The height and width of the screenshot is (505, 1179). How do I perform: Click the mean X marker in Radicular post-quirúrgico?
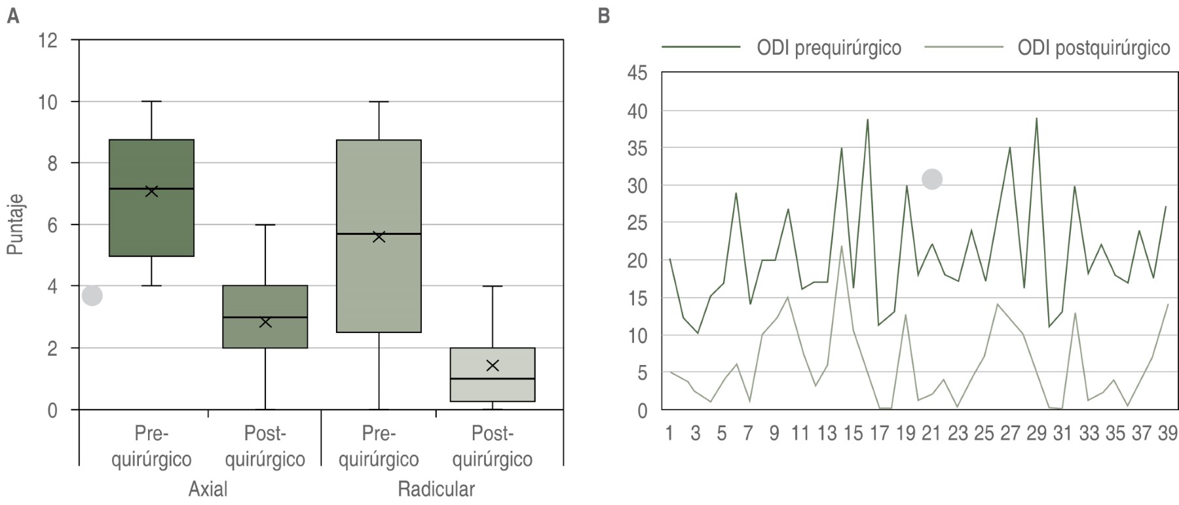point(493,365)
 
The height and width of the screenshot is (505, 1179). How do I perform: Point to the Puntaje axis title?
point(16,224)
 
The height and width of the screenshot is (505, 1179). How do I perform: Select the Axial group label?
point(208,489)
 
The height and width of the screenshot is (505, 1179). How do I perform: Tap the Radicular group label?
point(436,489)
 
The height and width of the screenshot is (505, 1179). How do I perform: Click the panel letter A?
point(12,16)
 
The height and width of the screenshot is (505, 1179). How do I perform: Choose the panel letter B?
point(603,16)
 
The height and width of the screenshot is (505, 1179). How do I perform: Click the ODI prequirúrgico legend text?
point(829,48)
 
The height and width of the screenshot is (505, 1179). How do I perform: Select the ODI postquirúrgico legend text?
point(1093,48)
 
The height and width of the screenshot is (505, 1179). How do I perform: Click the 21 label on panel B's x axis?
point(931,433)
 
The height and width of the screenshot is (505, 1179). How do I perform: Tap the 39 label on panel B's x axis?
point(1167,433)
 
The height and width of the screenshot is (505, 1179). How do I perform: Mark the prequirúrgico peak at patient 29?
point(1037,118)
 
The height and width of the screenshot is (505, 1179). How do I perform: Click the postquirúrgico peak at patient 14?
point(841,246)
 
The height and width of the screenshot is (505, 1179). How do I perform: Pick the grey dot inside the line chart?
point(932,179)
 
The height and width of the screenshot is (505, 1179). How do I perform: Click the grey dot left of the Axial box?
point(92,296)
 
